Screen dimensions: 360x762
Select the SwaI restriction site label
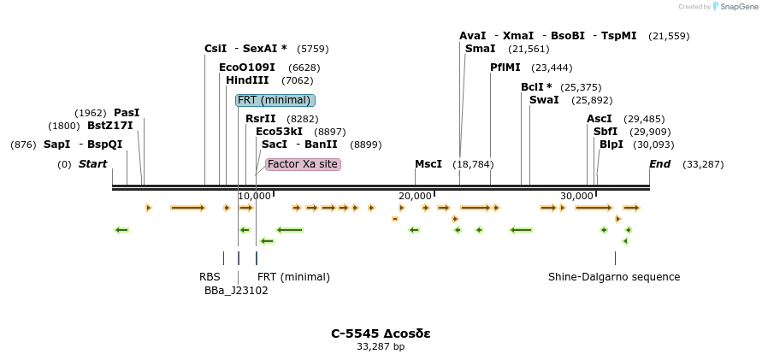click(544, 100)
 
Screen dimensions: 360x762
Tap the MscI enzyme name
click(428, 164)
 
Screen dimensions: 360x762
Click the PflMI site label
click(505, 68)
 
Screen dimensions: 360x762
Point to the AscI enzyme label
click(600, 119)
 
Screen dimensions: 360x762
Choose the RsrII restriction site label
click(261, 119)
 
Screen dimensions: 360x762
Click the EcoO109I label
click(247, 68)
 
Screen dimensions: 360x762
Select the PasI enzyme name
click(127, 113)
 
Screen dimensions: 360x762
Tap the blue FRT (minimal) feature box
click(275, 100)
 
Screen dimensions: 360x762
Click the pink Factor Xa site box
click(303, 164)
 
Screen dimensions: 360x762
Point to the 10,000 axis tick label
click(252, 197)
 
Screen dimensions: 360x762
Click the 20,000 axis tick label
click(414, 197)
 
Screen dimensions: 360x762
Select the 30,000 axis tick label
click(576, 197)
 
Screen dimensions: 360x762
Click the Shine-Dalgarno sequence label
click(614, 277)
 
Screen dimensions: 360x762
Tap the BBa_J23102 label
click(236, 291)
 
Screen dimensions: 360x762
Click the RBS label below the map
click(210, 277)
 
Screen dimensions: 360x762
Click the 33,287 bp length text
click(381, 346)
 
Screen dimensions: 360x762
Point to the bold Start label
click(93, 164)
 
